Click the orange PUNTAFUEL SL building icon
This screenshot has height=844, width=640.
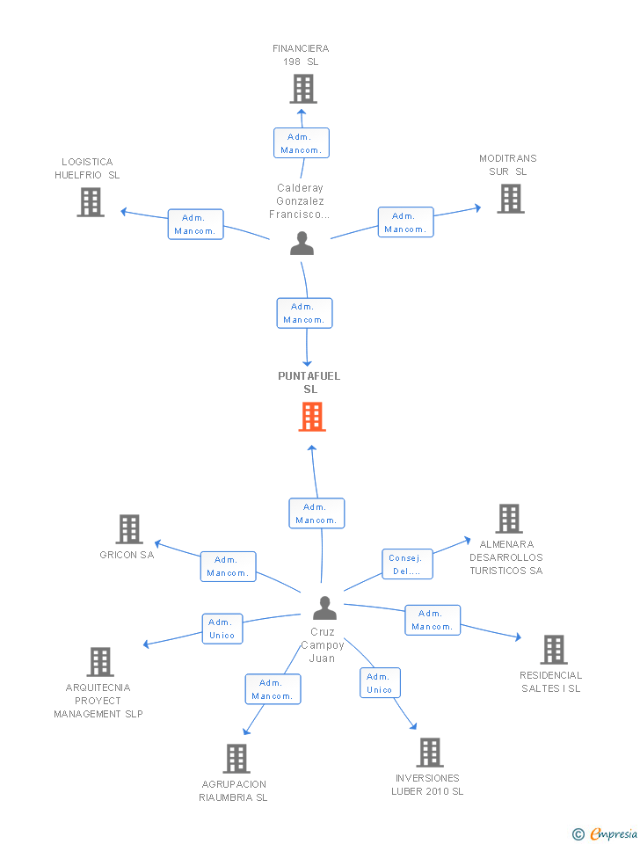[312, 417]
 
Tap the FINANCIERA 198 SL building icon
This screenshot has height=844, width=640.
[303, 89]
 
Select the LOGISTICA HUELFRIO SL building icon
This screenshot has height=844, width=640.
[91, 202]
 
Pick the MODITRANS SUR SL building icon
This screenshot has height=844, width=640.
[511, 199]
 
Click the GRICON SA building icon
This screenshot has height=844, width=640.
[129, 529]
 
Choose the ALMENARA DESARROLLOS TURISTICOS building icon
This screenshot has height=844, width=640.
[509, 519]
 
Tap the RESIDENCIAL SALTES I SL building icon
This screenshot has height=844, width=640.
[553, 650]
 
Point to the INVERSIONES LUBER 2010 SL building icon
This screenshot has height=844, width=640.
[430, 753]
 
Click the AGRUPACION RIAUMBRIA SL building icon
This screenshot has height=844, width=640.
[236, 759]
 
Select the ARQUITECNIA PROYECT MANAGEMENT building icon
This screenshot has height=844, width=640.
[100, 662]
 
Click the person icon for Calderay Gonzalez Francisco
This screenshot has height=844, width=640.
[302, 244]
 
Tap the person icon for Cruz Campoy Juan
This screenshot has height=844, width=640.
[324, 608]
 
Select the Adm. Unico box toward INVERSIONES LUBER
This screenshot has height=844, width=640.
[380, 683]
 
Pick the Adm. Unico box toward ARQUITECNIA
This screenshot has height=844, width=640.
[222, 629]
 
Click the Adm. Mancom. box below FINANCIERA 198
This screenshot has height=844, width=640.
[302, 143]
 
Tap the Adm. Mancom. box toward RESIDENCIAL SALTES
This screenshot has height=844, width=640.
[432, 620]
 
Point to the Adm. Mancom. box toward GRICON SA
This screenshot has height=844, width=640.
[228, 566]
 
